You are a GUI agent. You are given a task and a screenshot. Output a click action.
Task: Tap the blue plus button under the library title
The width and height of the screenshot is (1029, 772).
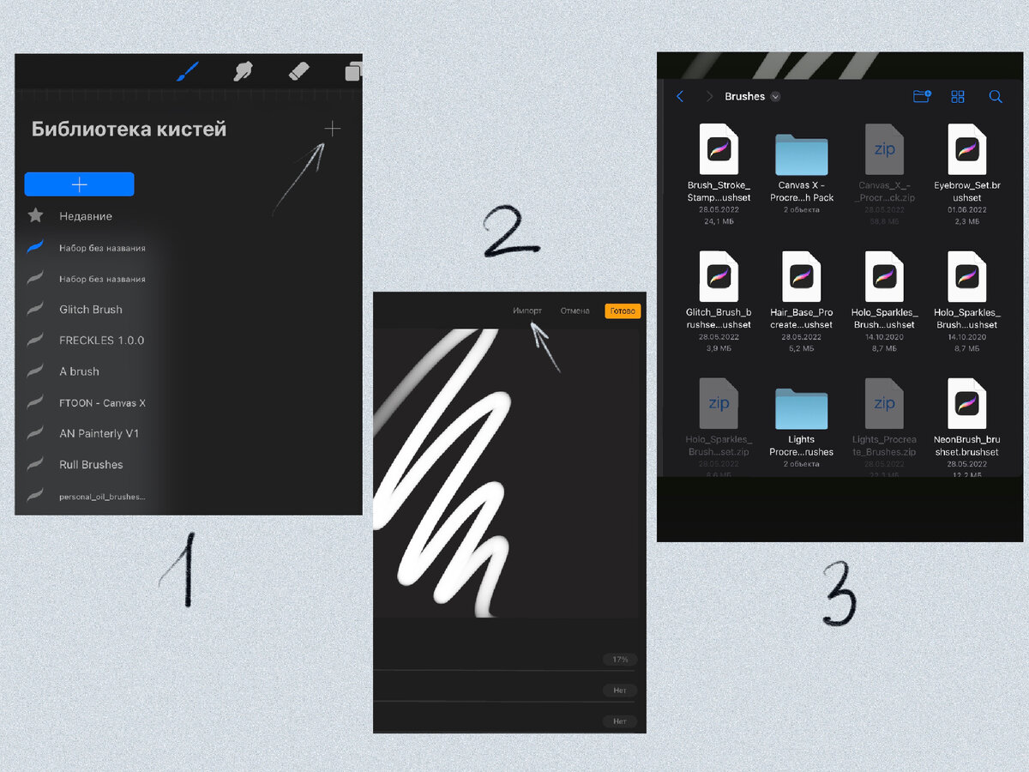[x=79, y=184]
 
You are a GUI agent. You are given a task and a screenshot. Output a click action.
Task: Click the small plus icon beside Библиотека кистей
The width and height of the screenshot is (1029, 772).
[x=333, y=130]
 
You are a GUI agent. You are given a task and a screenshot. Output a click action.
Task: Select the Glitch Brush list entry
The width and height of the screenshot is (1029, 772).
[x=90, y=310]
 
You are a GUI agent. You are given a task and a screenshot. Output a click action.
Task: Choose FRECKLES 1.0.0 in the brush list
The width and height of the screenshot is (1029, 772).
[x=101, y=341]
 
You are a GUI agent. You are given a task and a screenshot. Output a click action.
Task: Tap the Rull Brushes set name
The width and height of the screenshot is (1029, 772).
[x=91, y=465]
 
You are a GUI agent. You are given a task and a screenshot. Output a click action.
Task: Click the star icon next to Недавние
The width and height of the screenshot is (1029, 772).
[x=35, y=216]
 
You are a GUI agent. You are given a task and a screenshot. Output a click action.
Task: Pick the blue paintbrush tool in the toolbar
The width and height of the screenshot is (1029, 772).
[x=187, y=72]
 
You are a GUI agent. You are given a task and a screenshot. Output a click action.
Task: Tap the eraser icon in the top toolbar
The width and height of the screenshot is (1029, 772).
[x=298, y=72]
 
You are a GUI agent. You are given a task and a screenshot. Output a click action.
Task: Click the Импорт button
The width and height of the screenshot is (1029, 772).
[x=527, y=311]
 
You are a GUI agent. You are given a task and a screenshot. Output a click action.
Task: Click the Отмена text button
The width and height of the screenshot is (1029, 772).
[x=575, y=311]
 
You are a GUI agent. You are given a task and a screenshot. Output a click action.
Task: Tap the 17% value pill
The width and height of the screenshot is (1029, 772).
[x=620, y=660]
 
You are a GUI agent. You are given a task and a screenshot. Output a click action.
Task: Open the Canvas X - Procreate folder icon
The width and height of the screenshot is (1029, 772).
[x=801, y=154]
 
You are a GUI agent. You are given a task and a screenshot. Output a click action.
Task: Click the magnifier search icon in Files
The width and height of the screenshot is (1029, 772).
[x=996, y=97]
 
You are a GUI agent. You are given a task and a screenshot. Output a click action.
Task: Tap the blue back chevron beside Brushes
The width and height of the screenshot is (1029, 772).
[x=680, y=97]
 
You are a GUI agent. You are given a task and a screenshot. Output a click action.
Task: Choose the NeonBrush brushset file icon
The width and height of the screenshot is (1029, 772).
[x=966, y=404]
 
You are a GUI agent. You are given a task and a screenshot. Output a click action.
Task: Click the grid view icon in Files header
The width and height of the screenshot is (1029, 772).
[x=958, y=97]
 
